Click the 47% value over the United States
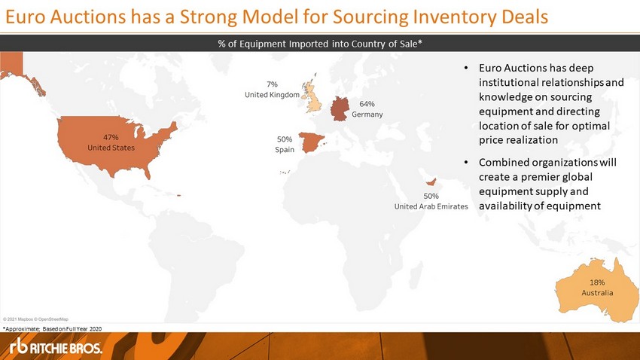(x=111, y=138)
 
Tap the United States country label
(x=111, y=148)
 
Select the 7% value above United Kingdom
(x=273, y=84)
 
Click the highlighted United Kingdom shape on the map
(x=312, y=96)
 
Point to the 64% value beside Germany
(x=367, y=104)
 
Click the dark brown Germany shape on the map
(x=340, y=108)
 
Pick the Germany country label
(x=367, y=114)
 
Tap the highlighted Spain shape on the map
(x=311, y=142)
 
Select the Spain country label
(x=285, y=150)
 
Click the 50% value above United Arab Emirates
(x=431, y=197)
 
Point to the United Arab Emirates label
(x=431, y=206)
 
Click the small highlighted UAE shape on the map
(x=431, y=182)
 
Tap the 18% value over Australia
(x=597, y=282)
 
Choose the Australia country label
(x=597, y=293)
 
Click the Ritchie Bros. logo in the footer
(x=56, y=346)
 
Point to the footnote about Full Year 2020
(x=52, y=328)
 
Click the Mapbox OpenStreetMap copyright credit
(x=35, y=319)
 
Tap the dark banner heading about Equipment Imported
(x=320, y=44)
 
